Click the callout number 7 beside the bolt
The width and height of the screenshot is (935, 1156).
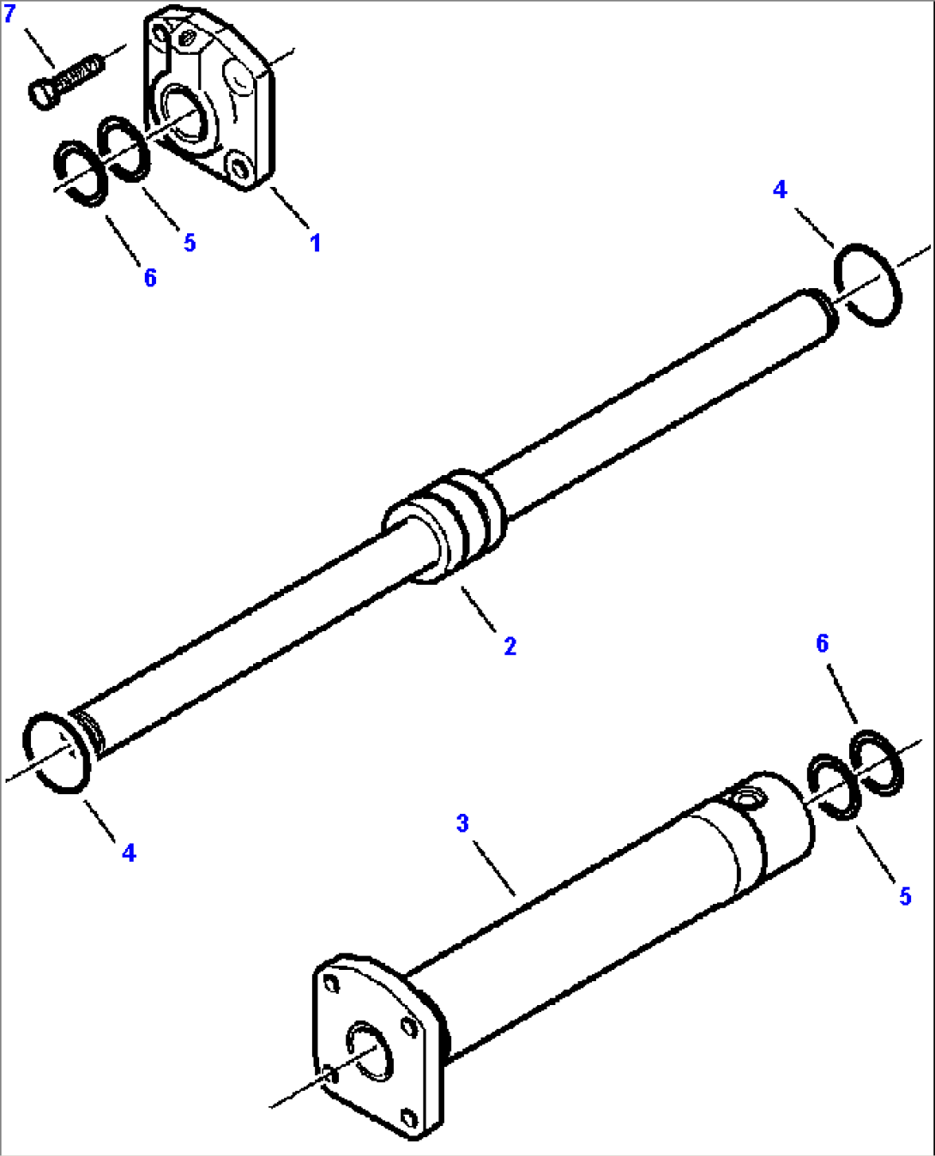(9, 15)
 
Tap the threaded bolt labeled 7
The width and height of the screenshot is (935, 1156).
(65, 81)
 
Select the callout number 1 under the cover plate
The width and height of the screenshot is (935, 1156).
(315, 243)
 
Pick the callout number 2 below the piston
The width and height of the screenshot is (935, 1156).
(510, 646)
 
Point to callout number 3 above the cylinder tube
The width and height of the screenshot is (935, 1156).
(462, 823)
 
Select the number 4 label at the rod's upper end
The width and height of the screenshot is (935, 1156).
(779, 190)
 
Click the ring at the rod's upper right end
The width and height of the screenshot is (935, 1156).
(867, 285)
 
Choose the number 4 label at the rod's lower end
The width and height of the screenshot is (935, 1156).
(129, 852)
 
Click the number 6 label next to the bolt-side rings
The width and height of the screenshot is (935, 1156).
(150, 277)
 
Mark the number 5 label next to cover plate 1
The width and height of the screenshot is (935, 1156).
(190, 243)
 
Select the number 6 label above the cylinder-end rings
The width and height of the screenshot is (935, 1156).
(822, 643)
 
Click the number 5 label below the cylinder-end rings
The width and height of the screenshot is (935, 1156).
(905, 896)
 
